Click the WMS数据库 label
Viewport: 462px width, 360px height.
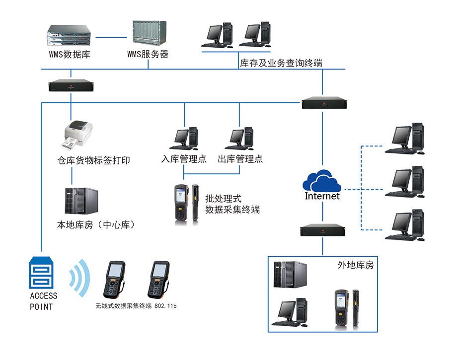(x=70, y=54)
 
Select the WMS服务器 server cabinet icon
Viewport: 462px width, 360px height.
(x=148, y=34)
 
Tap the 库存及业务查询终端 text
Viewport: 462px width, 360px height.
(x=281, y=64)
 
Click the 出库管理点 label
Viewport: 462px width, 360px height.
(x=240, y=159)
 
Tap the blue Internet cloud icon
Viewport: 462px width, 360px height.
(x=323, y=181)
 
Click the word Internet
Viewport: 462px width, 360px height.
(x=322, y=196)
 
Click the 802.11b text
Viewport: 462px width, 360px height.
(x=166, y=306)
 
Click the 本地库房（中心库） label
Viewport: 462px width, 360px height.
(x=96, y=224)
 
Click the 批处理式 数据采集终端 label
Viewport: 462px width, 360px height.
(x=232, y=204)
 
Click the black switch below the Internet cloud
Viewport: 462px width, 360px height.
(x=323, y=230)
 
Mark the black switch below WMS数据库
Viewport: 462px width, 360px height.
(x=71, y=86)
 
